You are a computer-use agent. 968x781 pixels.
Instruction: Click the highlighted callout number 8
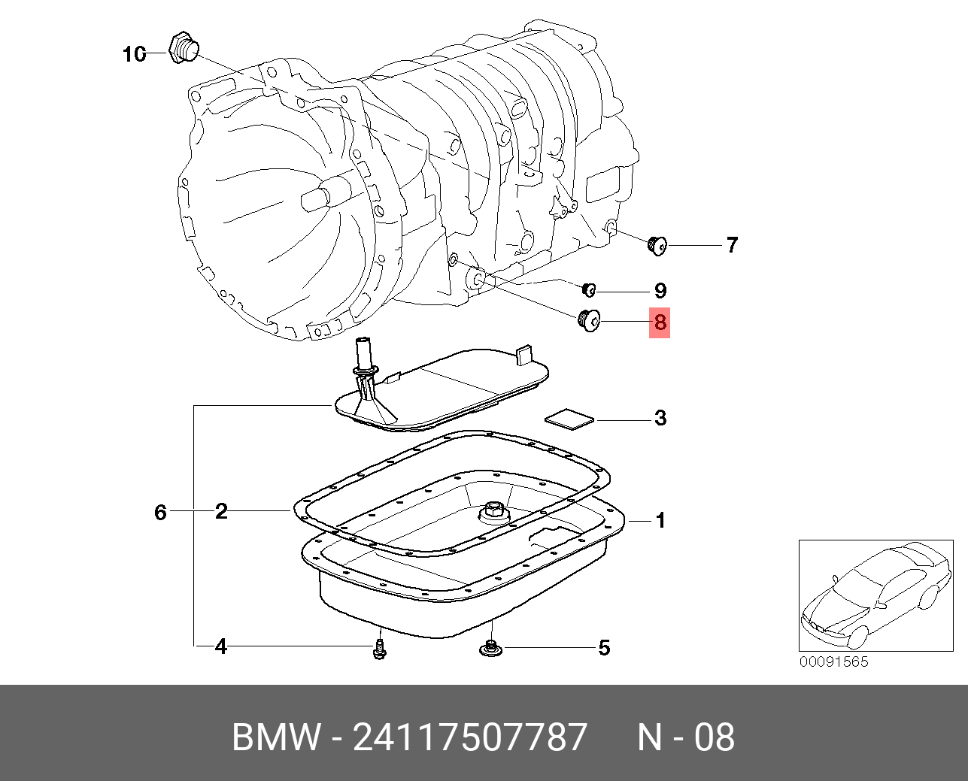tap(660, 322)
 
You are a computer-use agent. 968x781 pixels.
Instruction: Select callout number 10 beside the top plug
tap(135, 54)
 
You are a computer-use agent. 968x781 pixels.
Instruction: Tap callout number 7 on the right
tap(732, 245)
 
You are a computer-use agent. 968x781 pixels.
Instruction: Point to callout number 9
tap(660, 291)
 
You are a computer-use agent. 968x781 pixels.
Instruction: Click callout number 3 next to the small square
tap(660, 418)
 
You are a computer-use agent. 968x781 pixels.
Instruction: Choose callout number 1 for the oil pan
tap(660, 520)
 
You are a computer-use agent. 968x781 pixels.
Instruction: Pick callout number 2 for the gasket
tap(221, 512)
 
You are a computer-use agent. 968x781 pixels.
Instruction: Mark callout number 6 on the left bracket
tap(160, 512)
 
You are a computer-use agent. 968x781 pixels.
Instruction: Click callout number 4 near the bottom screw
tap(221, 646)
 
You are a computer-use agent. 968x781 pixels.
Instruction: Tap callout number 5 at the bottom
tap(604, 647)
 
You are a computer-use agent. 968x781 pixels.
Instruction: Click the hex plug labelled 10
tap(182, 48)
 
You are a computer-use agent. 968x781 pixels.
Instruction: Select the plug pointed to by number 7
tap(657, 245)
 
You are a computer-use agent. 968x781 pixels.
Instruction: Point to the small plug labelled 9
tap(589, 289)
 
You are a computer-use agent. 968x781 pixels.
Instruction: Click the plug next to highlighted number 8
tap(589, 321)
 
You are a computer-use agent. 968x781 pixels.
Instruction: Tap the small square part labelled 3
tap(569, 418)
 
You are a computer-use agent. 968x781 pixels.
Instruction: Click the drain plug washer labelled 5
tap(491, 647)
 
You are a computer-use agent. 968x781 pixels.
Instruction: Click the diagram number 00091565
tap(833, 661)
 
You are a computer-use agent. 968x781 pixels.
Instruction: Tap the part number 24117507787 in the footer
tap(470, 737)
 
